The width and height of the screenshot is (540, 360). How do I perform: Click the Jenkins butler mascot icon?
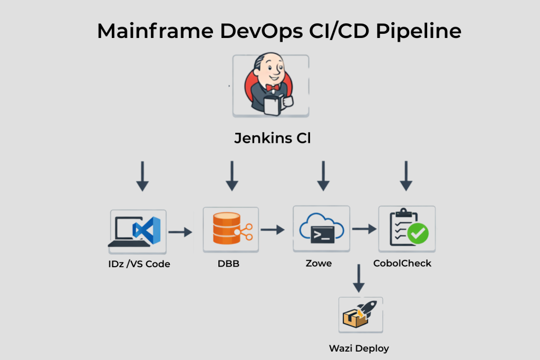click(271, 85)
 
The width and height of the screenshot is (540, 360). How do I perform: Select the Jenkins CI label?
click(272, 139)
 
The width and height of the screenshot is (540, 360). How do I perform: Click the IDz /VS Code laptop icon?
click(138, 231)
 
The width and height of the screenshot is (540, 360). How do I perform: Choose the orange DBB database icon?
click(230, 230)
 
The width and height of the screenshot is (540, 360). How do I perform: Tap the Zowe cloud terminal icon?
click(321, 230)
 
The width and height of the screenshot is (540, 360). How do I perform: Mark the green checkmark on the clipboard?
click(419, 233)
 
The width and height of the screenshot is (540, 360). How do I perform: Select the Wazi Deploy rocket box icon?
click(360, 315)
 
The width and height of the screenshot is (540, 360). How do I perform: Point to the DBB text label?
click(228, 263)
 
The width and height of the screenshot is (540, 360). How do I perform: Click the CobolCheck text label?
click(402, 263)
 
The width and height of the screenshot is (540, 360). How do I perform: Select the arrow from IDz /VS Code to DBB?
click(180, 231)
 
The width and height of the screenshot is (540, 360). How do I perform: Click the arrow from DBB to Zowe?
click(272, 230)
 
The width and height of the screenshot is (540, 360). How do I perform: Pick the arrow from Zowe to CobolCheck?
click(364, 229)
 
